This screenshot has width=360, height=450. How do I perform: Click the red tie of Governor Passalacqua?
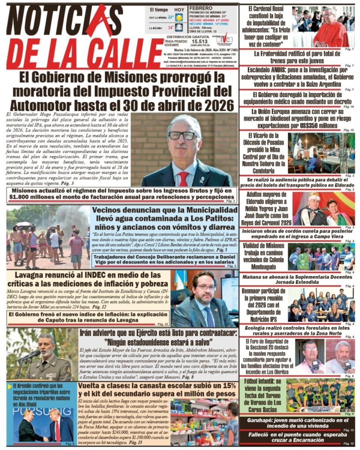coord(183,178)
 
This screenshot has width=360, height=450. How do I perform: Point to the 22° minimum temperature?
coord(170,17)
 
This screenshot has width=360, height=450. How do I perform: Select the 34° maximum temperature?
coord(170,28)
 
